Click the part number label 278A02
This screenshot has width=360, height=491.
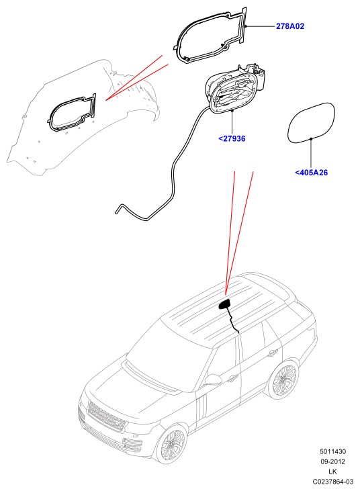click(x=290, y=26)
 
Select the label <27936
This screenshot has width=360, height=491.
click(x=232, y=138)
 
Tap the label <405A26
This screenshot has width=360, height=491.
click(x=311, y=172)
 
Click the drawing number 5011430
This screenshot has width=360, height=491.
click(x=332, y=451)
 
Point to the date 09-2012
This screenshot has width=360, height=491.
click(x=332, y=461)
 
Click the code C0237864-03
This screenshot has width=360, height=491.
click(x=332, y=482)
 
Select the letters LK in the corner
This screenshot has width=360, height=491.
click(x=332, y=472)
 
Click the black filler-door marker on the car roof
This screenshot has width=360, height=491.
click(x=224, y=304)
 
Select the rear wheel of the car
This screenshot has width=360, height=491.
click(x=284, y=380)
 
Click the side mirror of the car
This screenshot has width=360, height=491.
click(x=214, y=380)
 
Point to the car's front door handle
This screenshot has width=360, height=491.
click(x=232, y=379)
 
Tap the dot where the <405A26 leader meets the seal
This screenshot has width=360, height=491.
click(x=311, y=138)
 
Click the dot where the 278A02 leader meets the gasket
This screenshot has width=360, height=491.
click(x=246, y=26)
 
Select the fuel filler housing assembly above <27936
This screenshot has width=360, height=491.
click(x=235, y=88)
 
